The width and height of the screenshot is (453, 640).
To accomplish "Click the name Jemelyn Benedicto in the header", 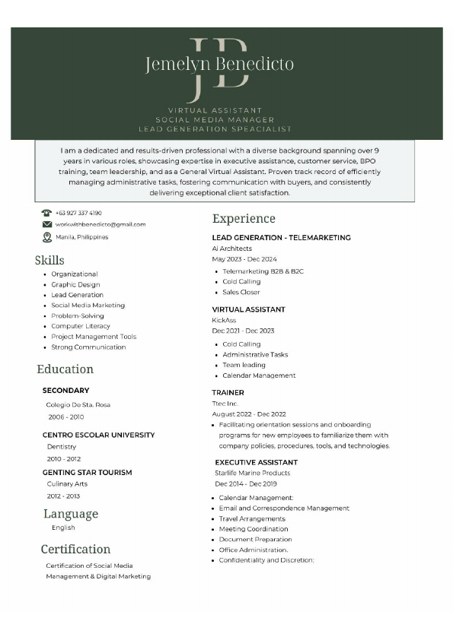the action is click(x=219, y=65).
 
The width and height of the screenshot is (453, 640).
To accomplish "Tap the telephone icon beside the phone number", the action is click(x=46, y=213).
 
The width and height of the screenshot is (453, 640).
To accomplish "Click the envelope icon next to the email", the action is click(x=46, y=224).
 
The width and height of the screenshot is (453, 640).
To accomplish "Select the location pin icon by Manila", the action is click(x=46, y=237).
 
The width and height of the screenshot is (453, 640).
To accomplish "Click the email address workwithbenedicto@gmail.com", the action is click(x=100, y=224).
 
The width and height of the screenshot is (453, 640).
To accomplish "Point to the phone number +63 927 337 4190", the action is click(x=78, y=213).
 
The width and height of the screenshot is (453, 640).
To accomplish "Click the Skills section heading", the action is click(x=49, y=261).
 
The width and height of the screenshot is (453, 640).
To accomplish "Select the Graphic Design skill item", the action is click(x=75, y=284).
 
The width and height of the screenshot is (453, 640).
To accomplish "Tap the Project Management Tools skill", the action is click(x=94, y=337).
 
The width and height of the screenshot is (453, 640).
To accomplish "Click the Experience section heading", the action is click(x=244, y=219).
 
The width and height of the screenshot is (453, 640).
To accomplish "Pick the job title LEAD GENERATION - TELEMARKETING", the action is click(x=281, y=238).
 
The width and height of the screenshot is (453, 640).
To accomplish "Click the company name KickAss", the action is click(x=224, y=320).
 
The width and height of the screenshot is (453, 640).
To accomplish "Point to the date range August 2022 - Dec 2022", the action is click(x=248, y=413).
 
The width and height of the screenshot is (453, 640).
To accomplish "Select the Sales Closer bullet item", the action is click(x=241, y=292).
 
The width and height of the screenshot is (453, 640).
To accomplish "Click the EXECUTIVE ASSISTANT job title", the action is click(x=256, y=462).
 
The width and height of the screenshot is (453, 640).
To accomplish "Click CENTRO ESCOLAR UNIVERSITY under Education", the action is click(x=98, y=435).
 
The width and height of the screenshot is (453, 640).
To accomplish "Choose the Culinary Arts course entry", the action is click(x=67, y=483).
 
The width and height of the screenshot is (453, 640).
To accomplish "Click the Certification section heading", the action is click(x=75, y=549).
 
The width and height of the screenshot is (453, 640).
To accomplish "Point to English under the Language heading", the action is click(x=63, y=528).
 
